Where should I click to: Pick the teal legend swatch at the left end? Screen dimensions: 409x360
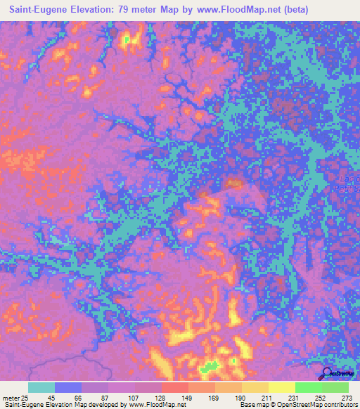coord(41,387)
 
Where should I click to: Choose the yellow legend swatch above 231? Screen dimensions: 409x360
coord(281,387)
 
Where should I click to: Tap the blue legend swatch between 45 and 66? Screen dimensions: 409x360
coord(68,387)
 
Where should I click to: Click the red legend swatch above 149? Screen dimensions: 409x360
coord(174,387)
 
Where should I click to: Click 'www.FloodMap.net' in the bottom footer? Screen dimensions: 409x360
coord(155,405)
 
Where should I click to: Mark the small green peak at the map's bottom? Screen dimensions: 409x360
coord(209,366)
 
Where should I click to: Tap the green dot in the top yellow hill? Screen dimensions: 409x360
coord(127,40)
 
